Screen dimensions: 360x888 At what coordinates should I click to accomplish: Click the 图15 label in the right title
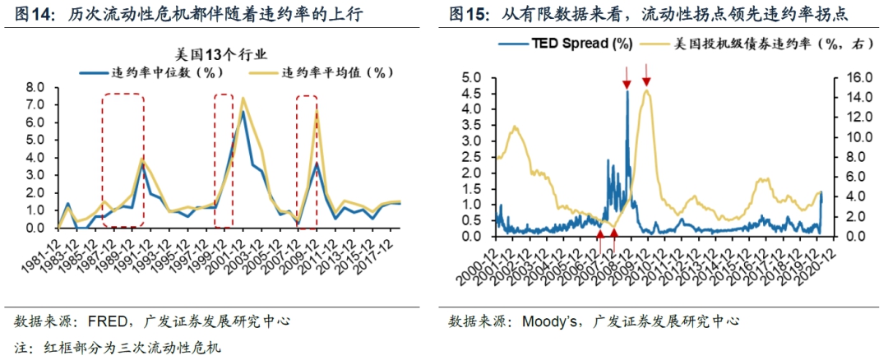469,15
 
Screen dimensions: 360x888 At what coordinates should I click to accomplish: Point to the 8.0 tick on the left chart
35,87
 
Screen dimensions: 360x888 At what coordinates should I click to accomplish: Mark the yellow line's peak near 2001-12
243,98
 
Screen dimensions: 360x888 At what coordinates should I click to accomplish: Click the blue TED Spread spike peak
627,91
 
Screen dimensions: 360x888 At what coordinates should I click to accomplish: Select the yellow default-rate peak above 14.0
647,90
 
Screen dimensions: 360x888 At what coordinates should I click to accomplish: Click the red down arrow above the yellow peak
646,80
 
